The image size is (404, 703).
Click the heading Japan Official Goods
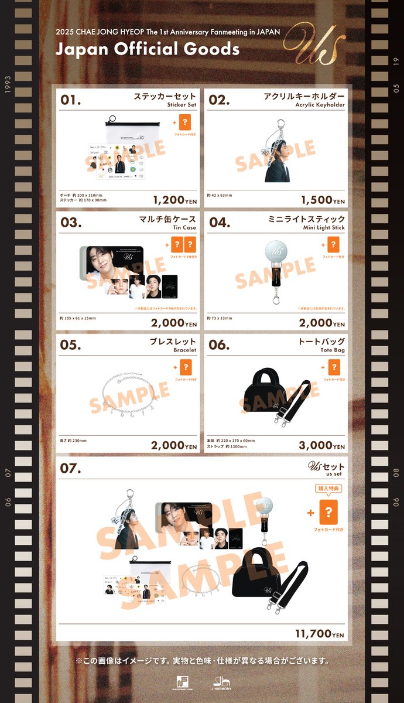coord(148,49)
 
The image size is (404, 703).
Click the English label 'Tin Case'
coord(184,228)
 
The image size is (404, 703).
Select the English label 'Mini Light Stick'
coord(323,228)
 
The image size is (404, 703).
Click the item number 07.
coord(71,469)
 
